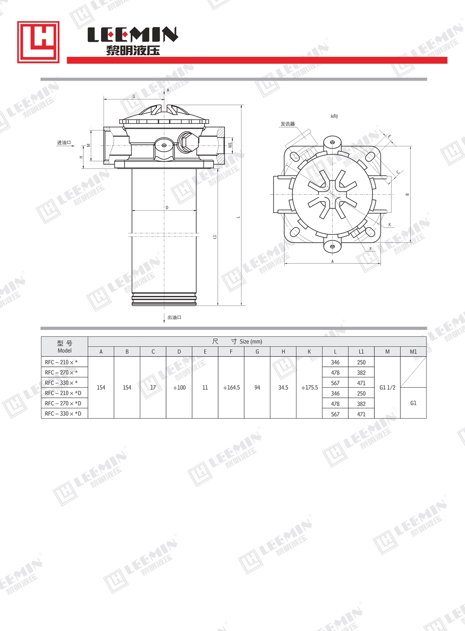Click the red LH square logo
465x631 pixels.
38,42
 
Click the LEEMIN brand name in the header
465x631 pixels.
133,34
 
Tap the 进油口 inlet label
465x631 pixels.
64,143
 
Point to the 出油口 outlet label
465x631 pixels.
174,318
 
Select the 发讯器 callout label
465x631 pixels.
288,124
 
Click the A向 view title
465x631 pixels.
334,116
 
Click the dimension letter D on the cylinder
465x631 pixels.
167,208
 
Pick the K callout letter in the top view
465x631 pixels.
390,225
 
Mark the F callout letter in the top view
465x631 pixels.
370,249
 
